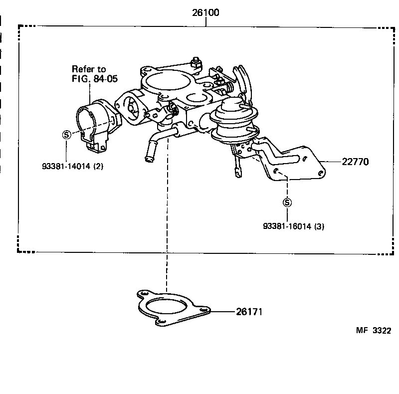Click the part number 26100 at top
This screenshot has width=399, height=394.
point(205,13)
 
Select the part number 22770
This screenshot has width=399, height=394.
point(355,162)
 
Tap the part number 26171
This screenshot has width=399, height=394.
point(248,312)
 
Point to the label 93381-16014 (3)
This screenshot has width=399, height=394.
point(294,226)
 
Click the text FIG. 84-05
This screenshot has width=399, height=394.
point(95,78)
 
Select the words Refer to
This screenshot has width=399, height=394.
point(89,69)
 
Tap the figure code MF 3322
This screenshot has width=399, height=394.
point(373,330)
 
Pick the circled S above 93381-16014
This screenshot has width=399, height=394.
point(287,202)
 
